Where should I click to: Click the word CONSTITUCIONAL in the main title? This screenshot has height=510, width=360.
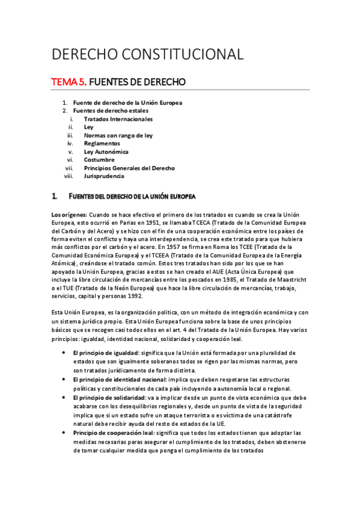(182, 54)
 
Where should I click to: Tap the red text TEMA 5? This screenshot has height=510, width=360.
(70, 81)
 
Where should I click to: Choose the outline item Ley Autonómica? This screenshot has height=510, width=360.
(106, 152)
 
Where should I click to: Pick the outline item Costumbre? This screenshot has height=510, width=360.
(100, 160)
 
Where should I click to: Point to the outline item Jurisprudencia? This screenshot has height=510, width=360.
(104, 176)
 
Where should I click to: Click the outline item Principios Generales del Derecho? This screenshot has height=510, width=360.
(129, 168)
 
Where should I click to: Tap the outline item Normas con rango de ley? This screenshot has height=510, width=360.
(118, 135)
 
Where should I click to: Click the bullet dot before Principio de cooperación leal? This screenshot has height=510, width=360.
(63, 433)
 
